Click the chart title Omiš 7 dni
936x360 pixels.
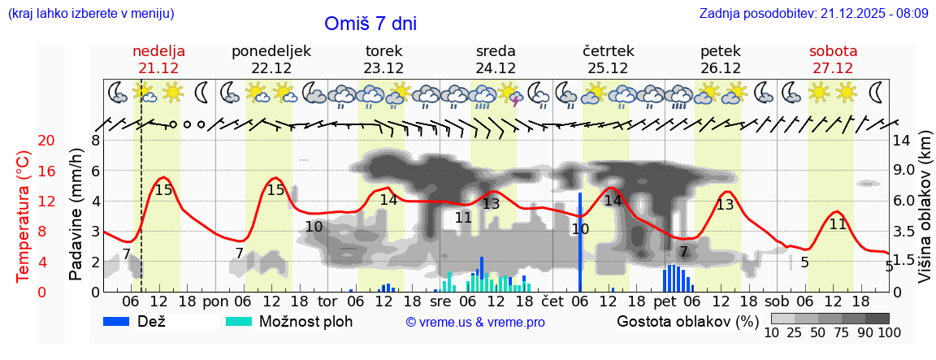click(370, 24)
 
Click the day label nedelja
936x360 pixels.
click(159, 51)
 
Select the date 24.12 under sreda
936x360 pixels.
click(496, 68)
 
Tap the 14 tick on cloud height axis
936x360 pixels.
click(902, 141)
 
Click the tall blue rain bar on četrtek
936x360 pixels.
click(580, 241)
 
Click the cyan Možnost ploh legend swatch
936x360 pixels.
click(240, 321)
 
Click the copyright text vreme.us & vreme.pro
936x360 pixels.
click(475, 322)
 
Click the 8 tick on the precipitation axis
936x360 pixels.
click(95, 141)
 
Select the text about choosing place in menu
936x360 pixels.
click(90, 14)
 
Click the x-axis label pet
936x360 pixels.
click(665, 300)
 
